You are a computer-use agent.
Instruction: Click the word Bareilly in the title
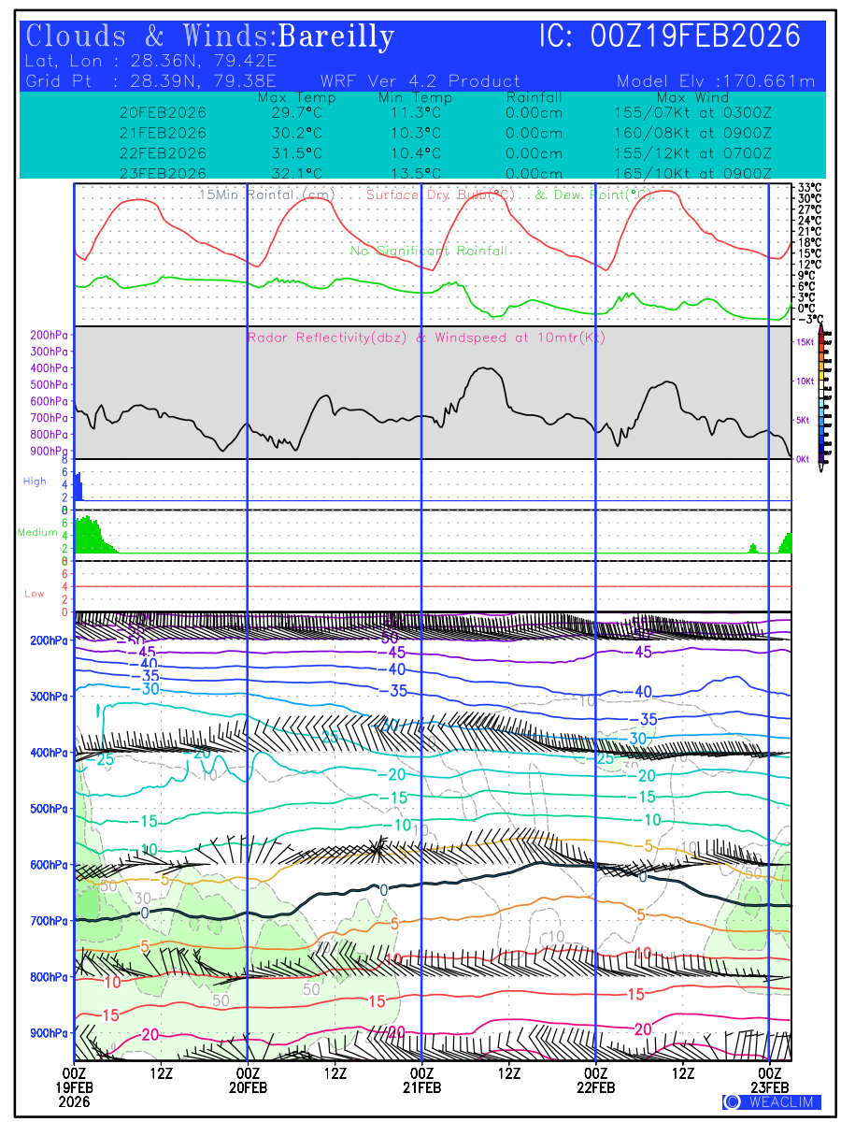tap(336, 37)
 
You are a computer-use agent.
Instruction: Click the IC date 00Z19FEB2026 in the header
tap(696, 36)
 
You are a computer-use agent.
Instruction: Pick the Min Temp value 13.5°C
tap(416, 173)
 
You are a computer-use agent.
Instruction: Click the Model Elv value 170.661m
tap(770, 81)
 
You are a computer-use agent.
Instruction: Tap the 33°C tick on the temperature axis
tap(809, 187)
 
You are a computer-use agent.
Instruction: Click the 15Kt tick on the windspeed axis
tap(805, 343)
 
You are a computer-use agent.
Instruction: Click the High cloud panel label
tap(35, 482)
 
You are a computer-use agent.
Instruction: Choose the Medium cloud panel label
tap(37, 532)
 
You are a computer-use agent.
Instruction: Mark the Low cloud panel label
tap(35, 594)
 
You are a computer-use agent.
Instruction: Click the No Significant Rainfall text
tap(429, 252)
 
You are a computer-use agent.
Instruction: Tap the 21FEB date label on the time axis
tap(421, 1088)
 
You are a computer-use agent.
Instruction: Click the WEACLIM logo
tap(772, 1101)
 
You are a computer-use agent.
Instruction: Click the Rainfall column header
tap(534, 97)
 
